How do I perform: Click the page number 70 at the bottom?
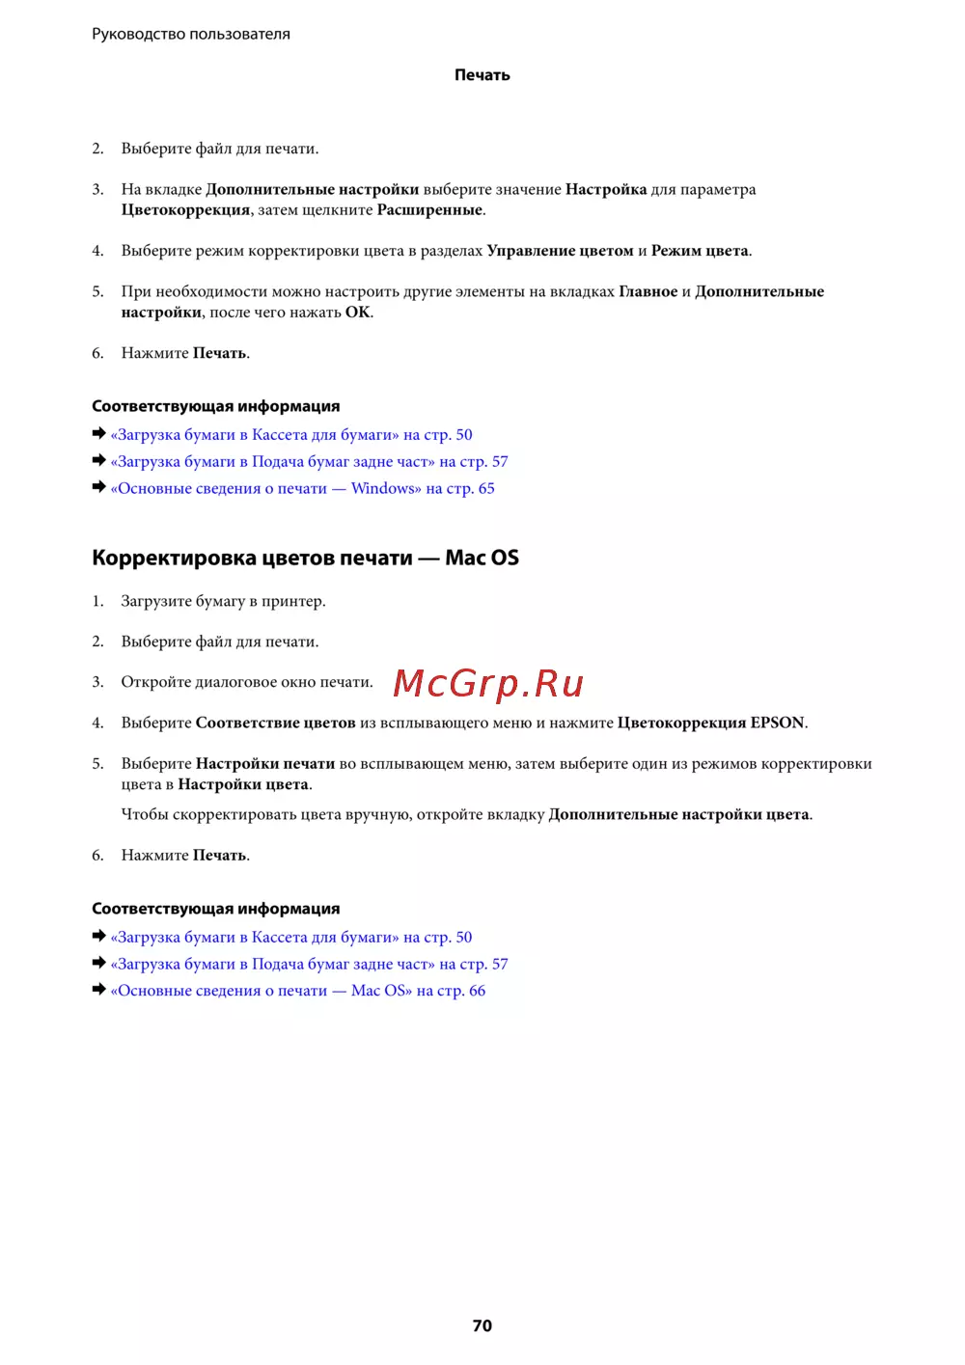482,1325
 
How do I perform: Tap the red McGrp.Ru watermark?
488,683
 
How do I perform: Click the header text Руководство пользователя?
191,34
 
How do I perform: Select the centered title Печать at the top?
482,75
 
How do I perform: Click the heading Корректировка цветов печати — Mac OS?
305,558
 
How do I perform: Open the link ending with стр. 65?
303,488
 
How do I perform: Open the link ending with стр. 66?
298,991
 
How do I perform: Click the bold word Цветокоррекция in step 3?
185,210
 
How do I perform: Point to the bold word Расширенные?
429,210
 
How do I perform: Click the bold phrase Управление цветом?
560,251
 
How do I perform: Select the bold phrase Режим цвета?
700,251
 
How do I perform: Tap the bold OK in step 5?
357,313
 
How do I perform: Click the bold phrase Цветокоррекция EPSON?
710,723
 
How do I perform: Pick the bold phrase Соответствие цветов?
275,723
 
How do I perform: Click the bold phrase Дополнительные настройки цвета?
678,814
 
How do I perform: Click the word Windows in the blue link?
383,488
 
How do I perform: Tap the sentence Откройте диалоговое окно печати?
247,682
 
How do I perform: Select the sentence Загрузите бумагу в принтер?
223,601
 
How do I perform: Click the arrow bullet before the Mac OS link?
98,990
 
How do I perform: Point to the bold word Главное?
648,291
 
